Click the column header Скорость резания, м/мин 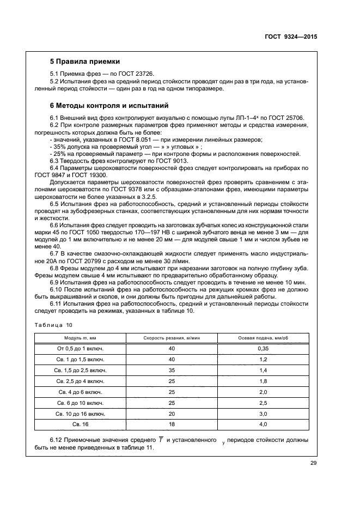pos(172,338)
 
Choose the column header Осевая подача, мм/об pos(263,338)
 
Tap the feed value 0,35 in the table pos(263,348)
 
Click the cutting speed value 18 pos(172,423)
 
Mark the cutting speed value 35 pos(172,370)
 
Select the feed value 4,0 pos(263,423)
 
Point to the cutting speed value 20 pos(172,413)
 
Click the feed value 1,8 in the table pos(263,381)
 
